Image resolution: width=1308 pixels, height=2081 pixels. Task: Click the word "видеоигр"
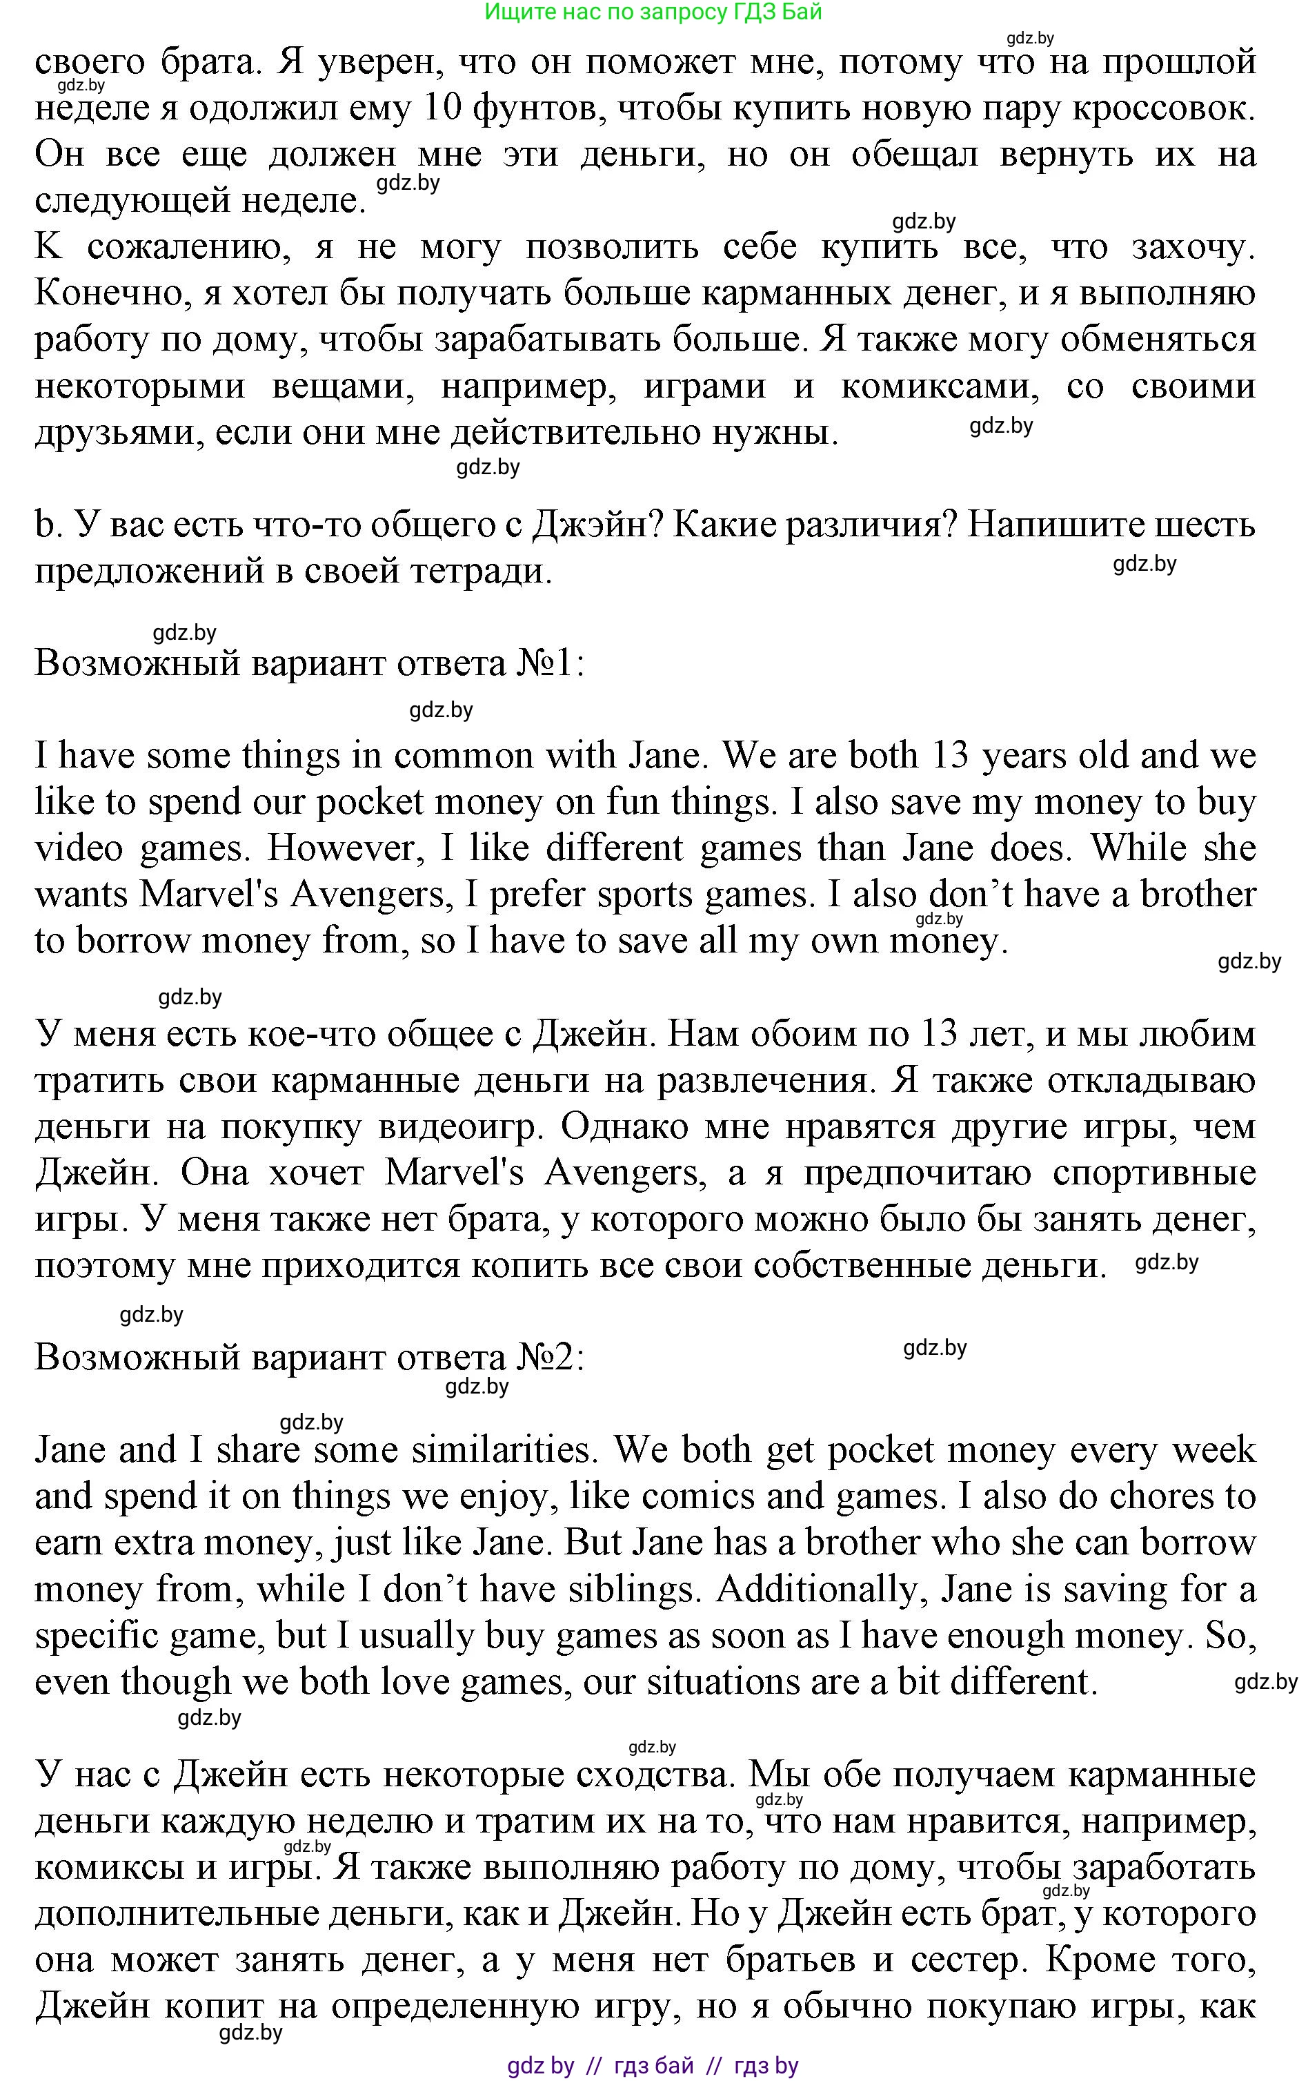[x=462, y=1127]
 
